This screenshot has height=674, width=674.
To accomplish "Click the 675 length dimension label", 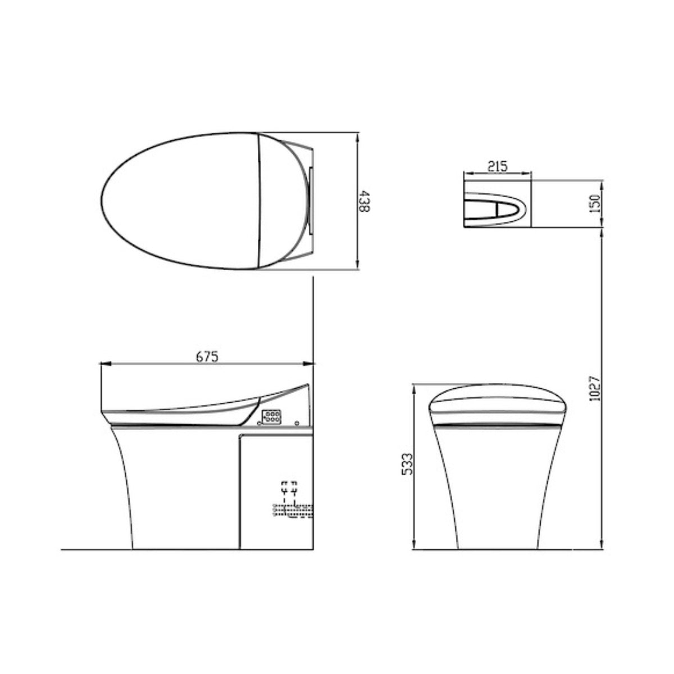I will click(x=207, y=356).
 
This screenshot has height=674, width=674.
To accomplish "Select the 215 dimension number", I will click(x=497, y=166).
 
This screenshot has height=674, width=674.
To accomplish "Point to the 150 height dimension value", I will click(x=596, y=203).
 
